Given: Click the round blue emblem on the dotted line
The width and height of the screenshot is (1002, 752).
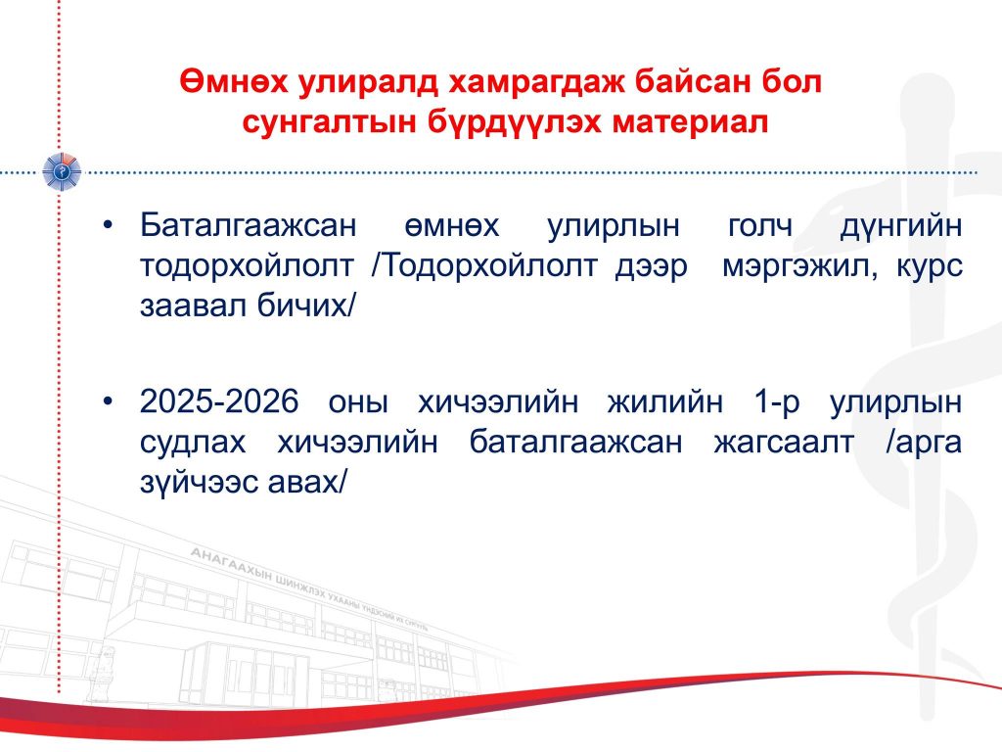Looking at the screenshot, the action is [x=62, y=172].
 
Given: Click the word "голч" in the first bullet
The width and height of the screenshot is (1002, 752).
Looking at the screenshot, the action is [x=760, y=226].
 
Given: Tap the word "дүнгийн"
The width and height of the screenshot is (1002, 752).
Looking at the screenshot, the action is [x=901, y=226].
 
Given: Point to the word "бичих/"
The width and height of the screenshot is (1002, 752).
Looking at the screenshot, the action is [x=305, y=305].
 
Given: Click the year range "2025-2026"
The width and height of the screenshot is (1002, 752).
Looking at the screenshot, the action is [x=219, y=401].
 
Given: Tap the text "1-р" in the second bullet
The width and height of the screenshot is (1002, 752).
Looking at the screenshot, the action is [x=777, y=402].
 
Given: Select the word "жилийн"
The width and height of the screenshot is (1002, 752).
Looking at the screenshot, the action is [x=665, y=402].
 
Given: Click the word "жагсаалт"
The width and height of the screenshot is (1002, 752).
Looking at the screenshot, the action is [x=784, y=443].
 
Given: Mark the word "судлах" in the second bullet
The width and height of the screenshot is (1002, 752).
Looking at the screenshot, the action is [x=193, y=443].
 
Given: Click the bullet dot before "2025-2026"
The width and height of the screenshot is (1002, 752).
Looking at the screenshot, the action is [x=108, y=400].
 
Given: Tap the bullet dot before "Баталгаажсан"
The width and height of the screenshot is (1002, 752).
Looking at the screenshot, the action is [x=108, y=224].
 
